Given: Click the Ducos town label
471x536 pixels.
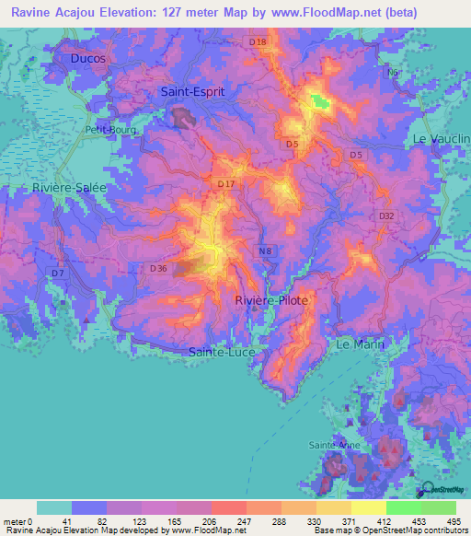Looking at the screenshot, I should pyautogui.click(x=87, y=58).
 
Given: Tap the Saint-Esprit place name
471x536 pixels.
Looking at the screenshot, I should pyautogui.click(x=192, y=93).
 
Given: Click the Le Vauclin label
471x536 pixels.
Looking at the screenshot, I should pyautogui.click(x=442, y=138).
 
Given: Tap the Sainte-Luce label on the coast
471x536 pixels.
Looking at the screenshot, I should pyautogui.click(x=221, y=353).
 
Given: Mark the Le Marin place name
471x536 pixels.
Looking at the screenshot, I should pyautogui.click(x=360, y=344).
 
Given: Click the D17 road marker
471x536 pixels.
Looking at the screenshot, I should pyautogui.click(x=226, y=185).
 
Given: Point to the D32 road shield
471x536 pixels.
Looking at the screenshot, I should pyautogui.click(x=386, y=216).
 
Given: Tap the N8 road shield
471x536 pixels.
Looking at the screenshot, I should pyautogui.click(x=266, y=251).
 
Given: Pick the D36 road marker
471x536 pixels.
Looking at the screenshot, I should pyautogui.click(x=158, y=268).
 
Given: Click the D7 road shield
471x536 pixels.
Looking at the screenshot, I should pyautogui.click(x=58, y=274).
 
